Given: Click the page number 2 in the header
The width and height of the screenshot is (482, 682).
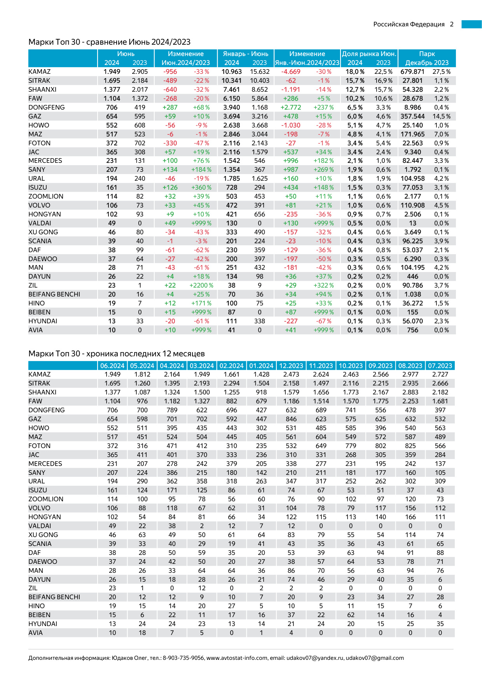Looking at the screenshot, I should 452,24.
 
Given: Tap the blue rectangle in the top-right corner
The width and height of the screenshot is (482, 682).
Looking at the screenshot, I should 472,24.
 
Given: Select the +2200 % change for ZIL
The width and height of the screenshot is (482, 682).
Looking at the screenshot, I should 201,285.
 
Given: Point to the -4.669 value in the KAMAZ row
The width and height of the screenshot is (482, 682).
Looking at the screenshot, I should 291,72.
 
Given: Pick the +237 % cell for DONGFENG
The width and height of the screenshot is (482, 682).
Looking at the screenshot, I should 323,107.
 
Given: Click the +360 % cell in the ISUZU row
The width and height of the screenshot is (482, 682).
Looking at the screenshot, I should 201,187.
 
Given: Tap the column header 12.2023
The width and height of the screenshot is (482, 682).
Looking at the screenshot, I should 291,366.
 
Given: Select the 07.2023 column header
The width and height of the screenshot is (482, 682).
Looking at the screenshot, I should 440,366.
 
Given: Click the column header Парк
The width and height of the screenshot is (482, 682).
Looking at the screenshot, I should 427,54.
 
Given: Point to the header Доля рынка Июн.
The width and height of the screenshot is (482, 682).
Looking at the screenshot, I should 369,54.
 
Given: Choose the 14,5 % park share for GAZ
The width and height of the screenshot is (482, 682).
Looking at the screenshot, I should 442,116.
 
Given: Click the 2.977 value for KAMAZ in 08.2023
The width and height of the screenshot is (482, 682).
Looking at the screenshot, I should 410,374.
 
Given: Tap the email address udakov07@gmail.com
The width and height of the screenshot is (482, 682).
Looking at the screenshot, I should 375,658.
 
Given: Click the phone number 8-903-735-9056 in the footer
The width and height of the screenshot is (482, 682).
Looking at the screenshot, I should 183,658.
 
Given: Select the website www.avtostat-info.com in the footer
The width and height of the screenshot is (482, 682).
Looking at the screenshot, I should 237,658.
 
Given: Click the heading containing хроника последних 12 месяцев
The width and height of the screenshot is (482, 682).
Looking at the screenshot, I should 117,354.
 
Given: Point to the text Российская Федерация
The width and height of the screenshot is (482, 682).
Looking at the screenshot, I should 409,24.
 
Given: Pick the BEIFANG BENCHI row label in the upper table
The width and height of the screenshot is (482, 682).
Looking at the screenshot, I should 54,294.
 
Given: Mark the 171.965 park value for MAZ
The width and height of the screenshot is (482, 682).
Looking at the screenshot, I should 412,134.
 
